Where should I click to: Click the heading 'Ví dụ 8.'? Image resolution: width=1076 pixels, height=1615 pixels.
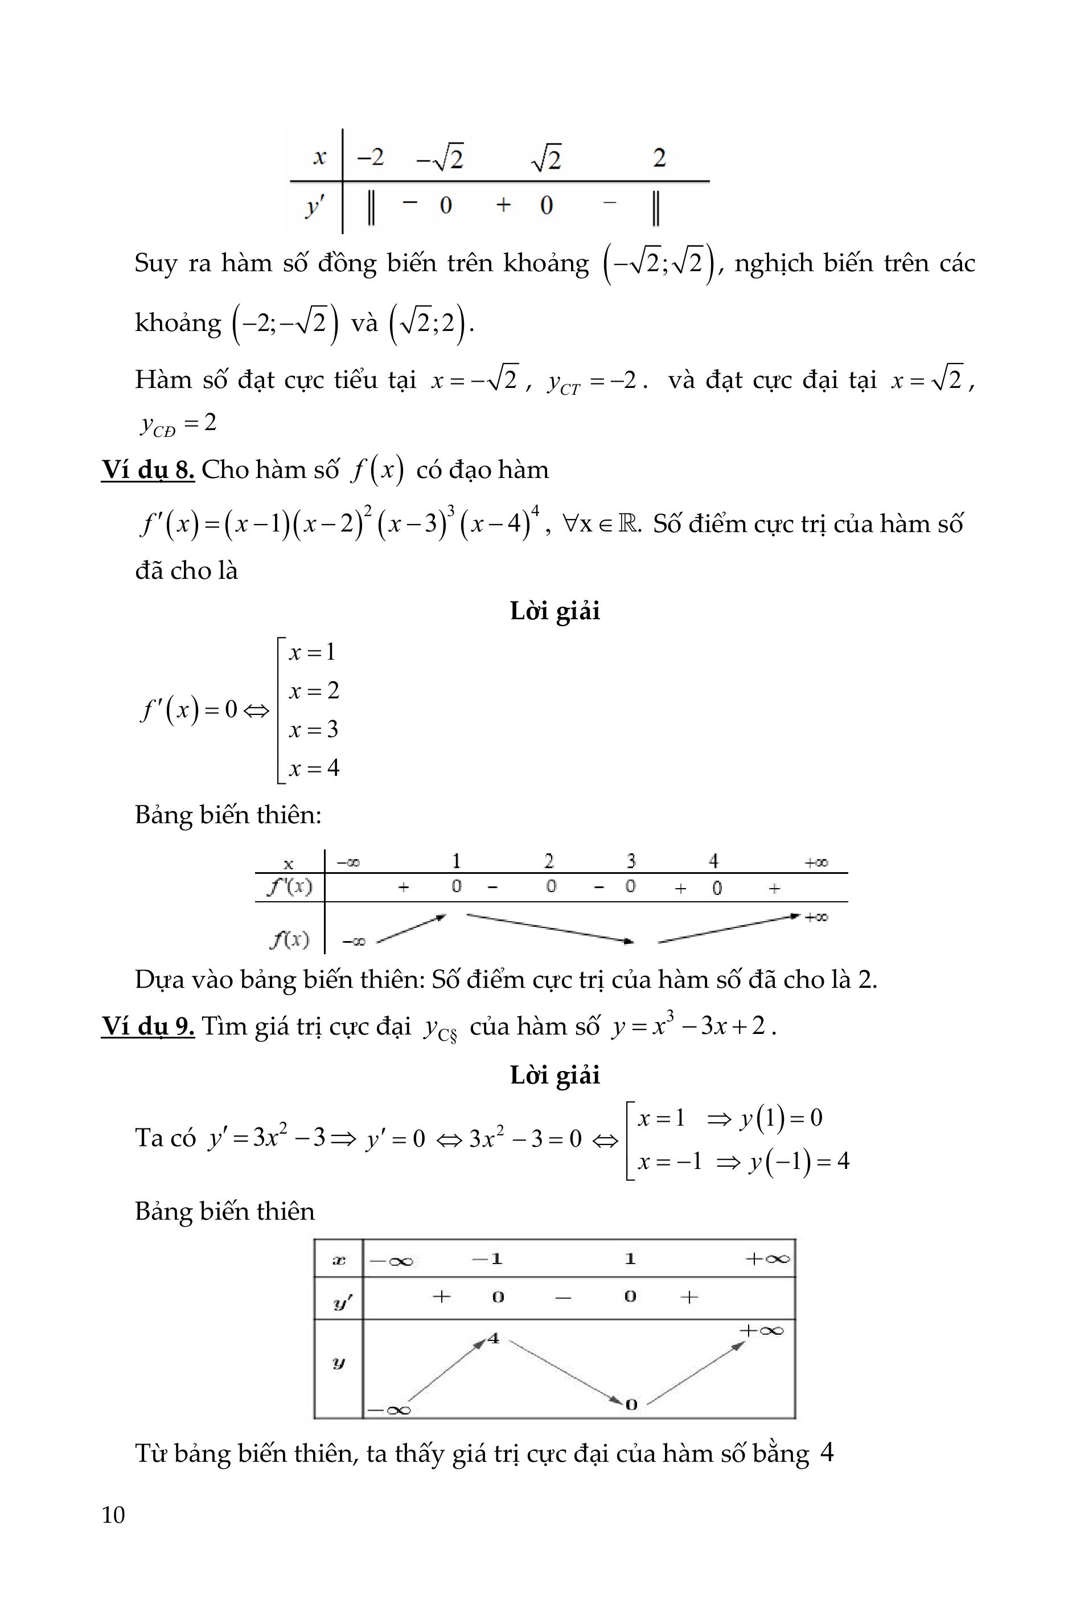(147, 469)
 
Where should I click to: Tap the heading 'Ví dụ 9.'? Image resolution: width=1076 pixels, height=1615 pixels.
(147, 1026)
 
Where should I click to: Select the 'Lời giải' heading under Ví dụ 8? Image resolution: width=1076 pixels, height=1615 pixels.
(555, 611)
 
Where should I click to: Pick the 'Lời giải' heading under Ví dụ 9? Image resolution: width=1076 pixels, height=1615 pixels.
(555, 1074)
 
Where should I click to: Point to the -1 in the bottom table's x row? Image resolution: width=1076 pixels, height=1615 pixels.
(488, 1258)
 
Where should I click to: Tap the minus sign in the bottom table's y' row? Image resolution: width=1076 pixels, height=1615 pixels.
(562, 1298)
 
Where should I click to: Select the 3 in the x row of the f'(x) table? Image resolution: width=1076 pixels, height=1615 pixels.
(631, 860)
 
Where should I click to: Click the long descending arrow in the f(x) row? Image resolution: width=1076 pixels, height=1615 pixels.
(549, 927)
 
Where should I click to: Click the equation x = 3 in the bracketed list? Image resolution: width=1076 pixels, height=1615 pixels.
(314, 729)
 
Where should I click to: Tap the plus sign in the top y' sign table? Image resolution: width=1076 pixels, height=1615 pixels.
(503, 205)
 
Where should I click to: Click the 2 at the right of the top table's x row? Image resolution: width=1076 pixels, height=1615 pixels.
(659, 158)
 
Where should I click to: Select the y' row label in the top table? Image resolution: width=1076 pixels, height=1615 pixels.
(315, 205)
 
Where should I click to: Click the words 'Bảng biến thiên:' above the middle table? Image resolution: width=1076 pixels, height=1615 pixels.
(228, 815)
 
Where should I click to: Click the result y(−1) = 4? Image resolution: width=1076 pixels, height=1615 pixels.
(799, 1161)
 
